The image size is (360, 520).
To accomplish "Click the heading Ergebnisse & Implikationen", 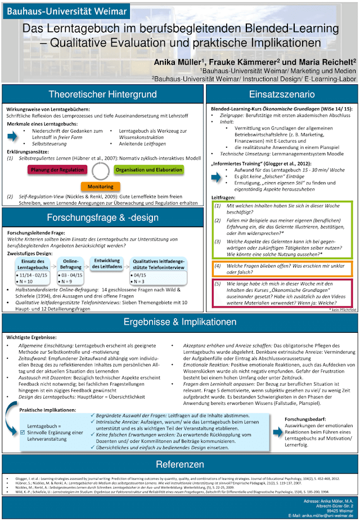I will [179, 323].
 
